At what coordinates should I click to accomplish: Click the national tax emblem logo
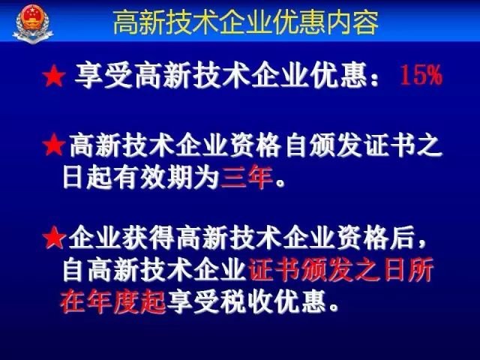click(x=33, y=23)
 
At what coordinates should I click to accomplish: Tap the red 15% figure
click(x=421, y=75)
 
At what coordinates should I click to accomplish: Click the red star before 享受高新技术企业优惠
click(x=54, y=76)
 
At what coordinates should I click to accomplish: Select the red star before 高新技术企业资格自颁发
click(x=54, y=145)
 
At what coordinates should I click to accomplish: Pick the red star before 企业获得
click(x=54, y=238)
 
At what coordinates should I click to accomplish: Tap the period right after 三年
click(x=280, y=184)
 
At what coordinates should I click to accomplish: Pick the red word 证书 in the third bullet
click(x=274, y=270)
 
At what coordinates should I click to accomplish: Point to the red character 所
click(x=421, y=270)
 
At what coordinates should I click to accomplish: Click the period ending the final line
click(x=334, y=307)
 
